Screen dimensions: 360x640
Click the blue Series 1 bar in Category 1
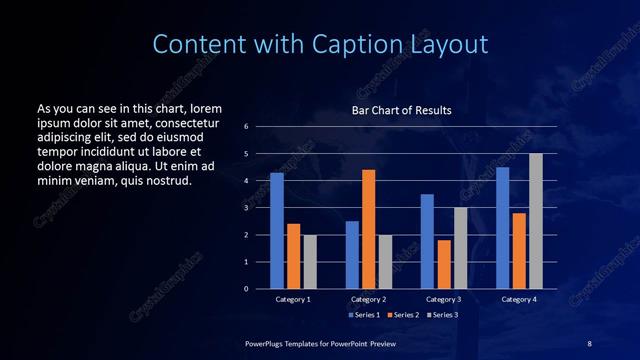[x=277, y=231]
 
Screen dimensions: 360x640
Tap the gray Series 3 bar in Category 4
[x=535, y=221]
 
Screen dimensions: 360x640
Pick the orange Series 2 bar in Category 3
[x=443, y=264]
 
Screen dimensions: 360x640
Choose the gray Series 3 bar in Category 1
[x=310, y=262]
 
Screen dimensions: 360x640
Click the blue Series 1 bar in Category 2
[x=352, y=255]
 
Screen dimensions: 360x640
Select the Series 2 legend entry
[x=402, y=315]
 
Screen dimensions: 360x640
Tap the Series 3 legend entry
[x=442, y=315]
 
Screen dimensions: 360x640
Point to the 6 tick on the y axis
[x=246, y=127]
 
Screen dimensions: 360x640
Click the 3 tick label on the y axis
[x=246, y=208]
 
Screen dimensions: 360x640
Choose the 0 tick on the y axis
[x=246, y=289]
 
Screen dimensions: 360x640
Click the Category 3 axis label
[x=443, y=299]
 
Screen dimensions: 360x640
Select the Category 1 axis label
[x=293, y=299]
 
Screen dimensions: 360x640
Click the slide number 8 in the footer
[x=589, y=343]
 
